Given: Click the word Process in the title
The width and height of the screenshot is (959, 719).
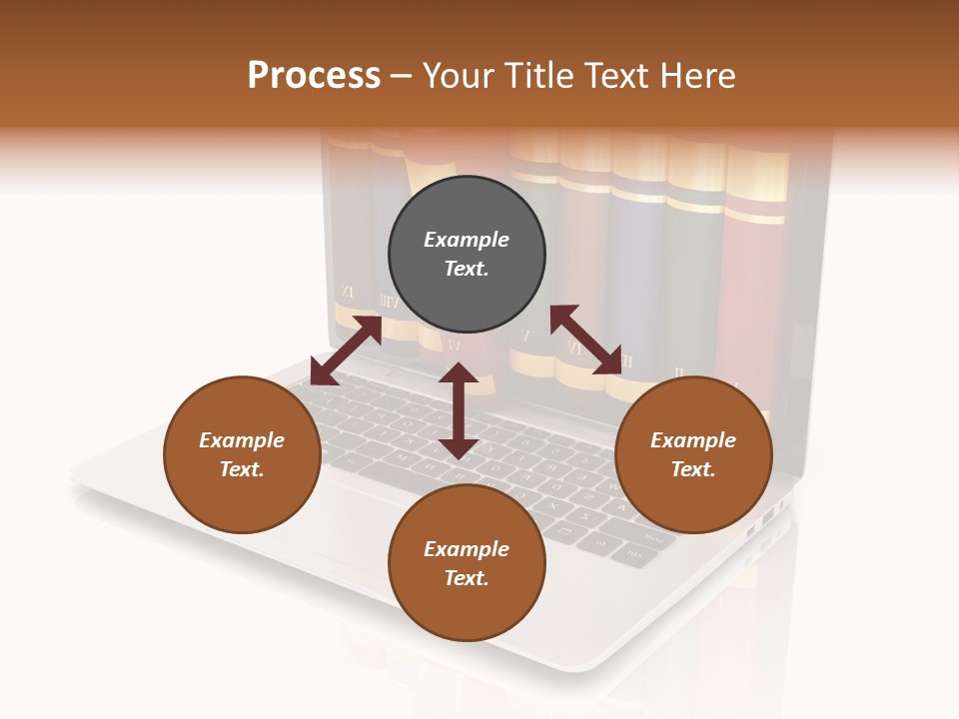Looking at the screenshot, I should tap(314, 76).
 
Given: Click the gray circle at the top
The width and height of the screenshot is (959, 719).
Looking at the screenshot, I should tap(467, 254).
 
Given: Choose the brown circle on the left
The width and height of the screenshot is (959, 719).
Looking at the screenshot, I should tap(242, 454).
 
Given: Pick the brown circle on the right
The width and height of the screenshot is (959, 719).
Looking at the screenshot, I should tap(693, 454).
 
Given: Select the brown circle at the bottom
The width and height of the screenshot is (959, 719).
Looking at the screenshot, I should tap(467, 563).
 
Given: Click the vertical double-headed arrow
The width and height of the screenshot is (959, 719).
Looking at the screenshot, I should tap(459, 410).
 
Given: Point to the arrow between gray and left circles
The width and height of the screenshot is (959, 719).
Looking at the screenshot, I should tap(346, 351).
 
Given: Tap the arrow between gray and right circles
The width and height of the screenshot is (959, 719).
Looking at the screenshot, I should tap(586, 340).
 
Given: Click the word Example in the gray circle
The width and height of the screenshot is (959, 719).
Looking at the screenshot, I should tap(467, 240).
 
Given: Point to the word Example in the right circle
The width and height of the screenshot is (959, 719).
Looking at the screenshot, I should tap(693, 440).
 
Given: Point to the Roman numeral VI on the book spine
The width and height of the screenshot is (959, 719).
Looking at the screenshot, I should tap(573, 349).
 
